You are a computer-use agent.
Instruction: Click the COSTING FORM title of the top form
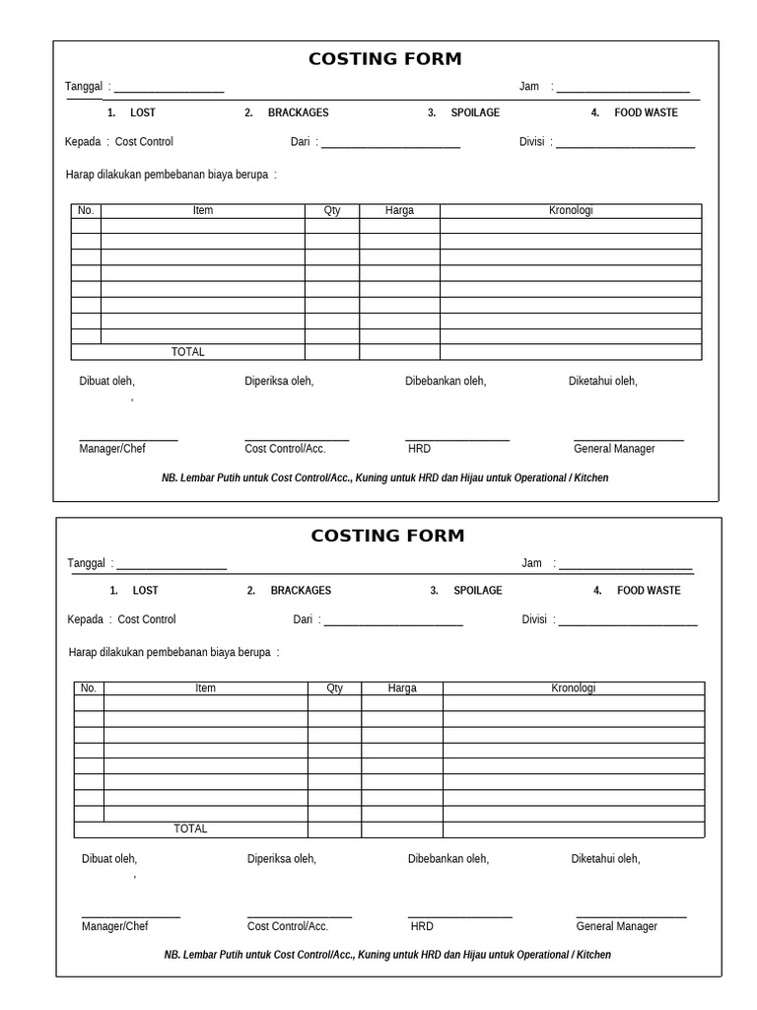[x=384, y=59]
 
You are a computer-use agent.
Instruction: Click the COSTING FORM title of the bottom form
[x=387, y=537]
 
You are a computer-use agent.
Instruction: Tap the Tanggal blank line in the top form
[x=169, y=90]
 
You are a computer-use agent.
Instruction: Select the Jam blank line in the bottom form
[x=625, y=566]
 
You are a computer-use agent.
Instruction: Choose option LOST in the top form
[x=143, y=113]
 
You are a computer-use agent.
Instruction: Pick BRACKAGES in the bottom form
[x=301, y=591]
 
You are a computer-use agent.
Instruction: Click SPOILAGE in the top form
[x=475, y=113]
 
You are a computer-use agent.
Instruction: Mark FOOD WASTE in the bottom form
[x=649, y=591]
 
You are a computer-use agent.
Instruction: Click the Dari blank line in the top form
[x=390, y=145]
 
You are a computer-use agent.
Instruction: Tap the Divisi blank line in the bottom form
[x=628, y=622]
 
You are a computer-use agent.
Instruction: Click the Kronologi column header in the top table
[x=571, y=211]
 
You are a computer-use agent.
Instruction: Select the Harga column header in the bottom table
[x=402, y=688]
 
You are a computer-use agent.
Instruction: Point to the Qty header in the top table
[x=332, y=211]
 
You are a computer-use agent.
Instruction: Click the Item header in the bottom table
[x=205, y=688]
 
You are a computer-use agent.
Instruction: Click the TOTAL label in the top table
[x=188, y=352]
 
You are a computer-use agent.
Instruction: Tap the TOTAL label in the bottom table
[x=190, y=830]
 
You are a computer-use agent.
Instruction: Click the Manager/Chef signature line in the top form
[x=128, y=439]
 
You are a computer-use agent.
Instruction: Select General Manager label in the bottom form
[x=617, y=926]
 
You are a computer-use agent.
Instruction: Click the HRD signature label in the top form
[x=419, y=449]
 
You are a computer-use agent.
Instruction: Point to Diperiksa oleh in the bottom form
[x=282, y=859]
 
